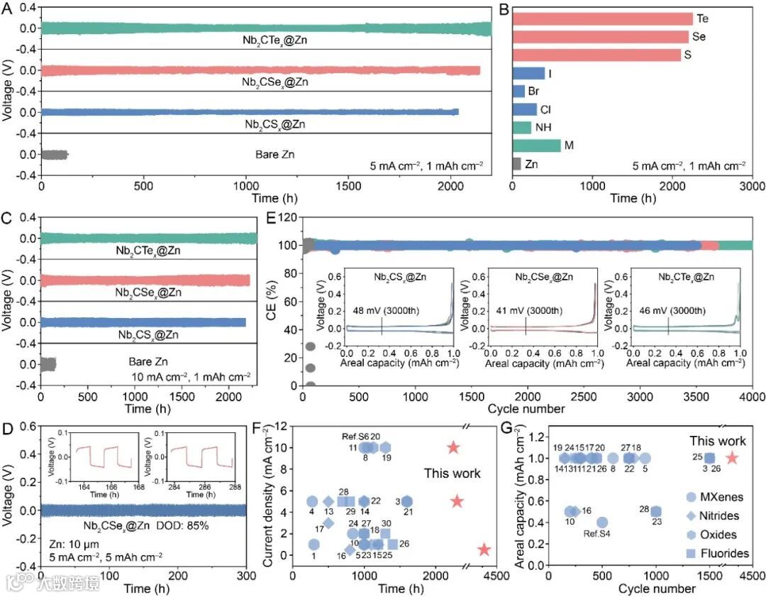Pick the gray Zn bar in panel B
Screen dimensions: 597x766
(x=516, y=164)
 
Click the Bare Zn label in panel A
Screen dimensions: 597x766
(x=274, y=153)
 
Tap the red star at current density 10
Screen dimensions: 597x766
(x=454, y=448)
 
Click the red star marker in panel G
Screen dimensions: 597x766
(x=732, y=459)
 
